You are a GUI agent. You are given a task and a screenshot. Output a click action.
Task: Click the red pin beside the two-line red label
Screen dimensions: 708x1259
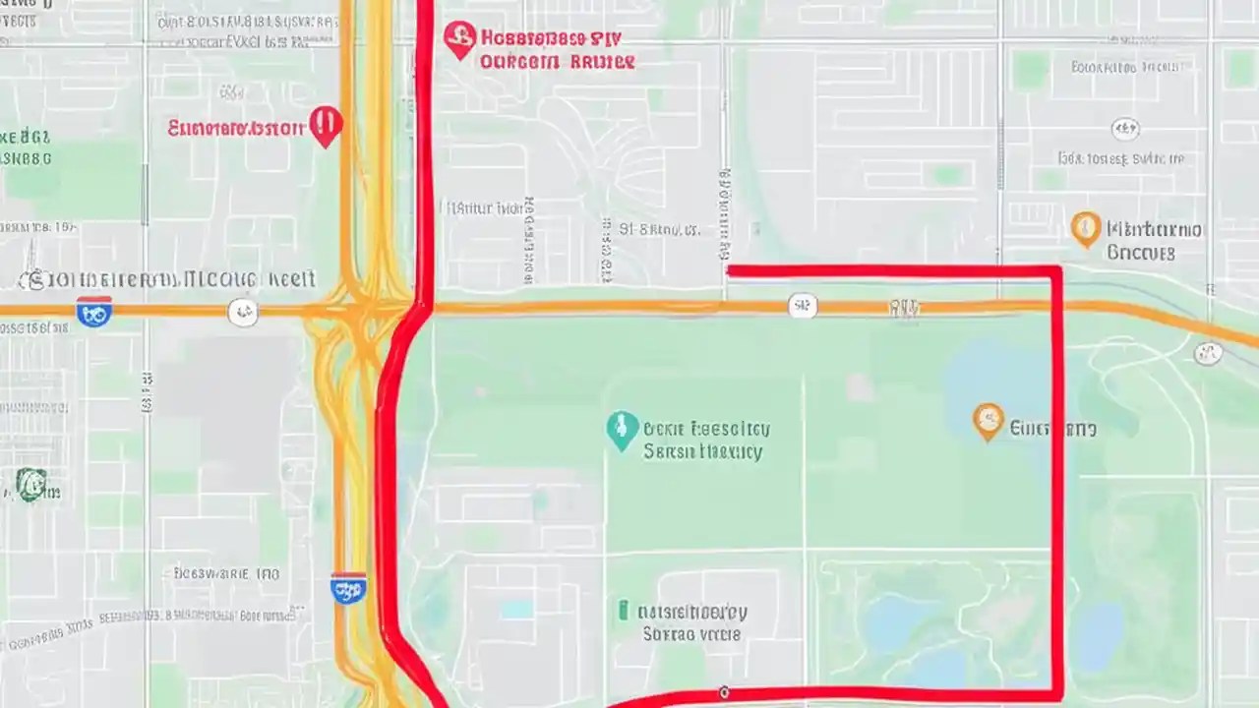(x=458, y=39)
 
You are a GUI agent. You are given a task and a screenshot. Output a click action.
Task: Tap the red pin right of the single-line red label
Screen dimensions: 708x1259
(x=325, y=127)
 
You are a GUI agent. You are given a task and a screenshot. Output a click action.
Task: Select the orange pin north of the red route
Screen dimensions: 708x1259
(x=1085, y=228)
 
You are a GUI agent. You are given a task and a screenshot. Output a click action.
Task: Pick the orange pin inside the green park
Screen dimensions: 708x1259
(x=988, y=421)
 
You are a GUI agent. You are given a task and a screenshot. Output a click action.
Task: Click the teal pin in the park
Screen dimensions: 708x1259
(x=621, y=430)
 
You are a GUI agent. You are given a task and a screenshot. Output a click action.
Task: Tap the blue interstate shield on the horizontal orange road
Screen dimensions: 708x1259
(x=94, y=312)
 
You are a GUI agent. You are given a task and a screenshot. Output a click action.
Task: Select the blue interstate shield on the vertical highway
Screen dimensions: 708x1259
(x=349, y=588)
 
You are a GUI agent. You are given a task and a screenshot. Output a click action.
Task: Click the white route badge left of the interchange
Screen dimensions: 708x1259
(x=242, y=313)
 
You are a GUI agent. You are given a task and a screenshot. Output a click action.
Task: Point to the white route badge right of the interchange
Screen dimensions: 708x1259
(x=803, y=307)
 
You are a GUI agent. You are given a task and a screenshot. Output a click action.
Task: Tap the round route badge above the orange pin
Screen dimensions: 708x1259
(x=1125, y=129)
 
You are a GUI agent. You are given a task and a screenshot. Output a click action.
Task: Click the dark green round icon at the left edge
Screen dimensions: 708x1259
(x=30, y=484)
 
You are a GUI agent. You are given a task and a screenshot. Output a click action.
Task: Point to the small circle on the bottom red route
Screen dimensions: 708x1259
(x=724, y=692)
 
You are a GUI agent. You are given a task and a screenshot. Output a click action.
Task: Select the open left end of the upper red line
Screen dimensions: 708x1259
(x=730, y=269)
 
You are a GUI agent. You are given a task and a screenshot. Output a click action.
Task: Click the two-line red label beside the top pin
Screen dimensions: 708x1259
(x=556, y=49)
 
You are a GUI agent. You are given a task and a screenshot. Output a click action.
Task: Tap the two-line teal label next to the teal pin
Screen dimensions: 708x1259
(x=704, y=441)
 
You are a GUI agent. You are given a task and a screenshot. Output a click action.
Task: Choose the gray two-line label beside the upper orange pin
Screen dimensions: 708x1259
(x=1153, y=241)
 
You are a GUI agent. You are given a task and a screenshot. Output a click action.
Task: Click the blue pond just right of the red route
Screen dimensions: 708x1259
(x=1098, y=634)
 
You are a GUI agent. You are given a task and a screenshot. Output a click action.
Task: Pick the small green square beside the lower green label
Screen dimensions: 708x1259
(x=624, y=611)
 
